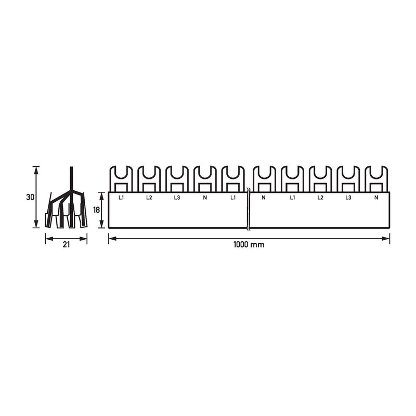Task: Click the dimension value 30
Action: coord(30,198)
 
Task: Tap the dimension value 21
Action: coord(66,244)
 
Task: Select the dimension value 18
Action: coord(96,210)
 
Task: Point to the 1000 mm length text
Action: coord(249,244)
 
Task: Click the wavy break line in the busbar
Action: coord(248,209)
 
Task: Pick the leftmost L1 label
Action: coord(121,198)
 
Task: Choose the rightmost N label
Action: coord(376,198)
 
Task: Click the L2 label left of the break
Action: coord(149,198)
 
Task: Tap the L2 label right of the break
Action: coord(320,198)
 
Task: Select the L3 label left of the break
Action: coord(177,198)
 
